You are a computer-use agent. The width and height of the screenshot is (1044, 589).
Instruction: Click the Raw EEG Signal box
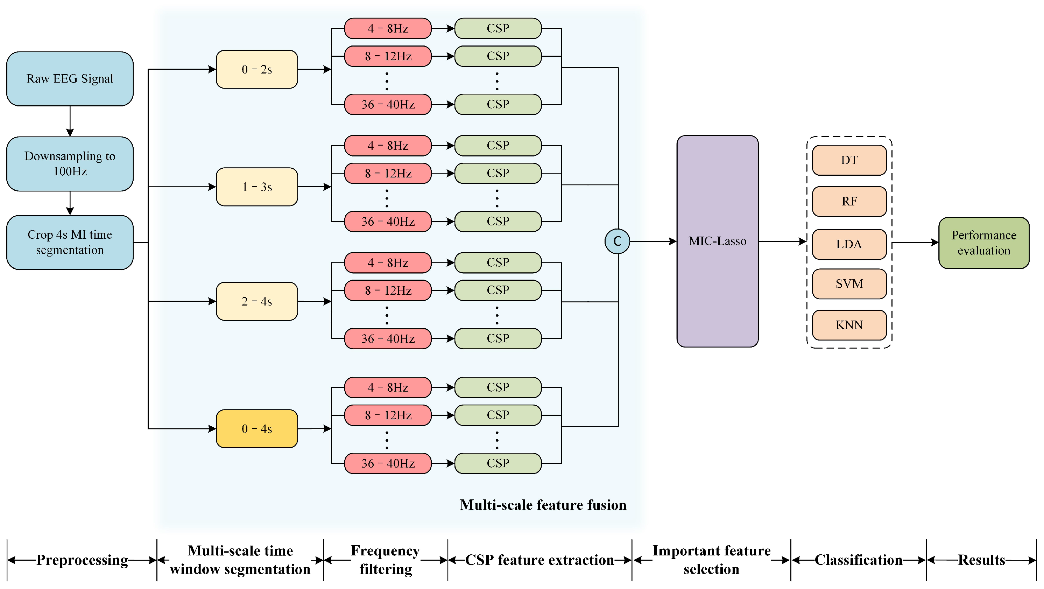pos(70,79)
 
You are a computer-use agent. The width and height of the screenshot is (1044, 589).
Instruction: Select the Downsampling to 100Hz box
pos(70,164)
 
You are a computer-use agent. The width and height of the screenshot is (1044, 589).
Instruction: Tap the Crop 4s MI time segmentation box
pos(70,243)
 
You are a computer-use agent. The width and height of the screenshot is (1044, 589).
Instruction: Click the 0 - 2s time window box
pos(256,69)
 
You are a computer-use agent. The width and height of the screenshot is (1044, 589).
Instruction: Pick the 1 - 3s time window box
pos(256,187)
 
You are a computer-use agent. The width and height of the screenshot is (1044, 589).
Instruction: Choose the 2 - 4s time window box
pos(256,301)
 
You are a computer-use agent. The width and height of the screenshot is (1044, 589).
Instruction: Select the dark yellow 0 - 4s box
pos(256,428)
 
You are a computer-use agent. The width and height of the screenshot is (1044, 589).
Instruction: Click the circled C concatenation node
pos(617,241)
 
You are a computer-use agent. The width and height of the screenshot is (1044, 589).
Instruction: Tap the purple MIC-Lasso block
pos(717,241)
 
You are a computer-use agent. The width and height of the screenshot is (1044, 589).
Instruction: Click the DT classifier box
pos(849,160)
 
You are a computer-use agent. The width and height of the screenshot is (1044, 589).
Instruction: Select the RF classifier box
pos(849,202)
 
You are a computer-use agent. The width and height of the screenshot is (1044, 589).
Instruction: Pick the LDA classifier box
pos(849,244)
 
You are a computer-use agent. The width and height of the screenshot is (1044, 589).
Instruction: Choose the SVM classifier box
pos(849,284)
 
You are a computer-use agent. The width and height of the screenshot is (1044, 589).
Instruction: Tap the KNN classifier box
pos(849,325)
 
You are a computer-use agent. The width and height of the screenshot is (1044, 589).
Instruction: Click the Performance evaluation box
pos(983,243)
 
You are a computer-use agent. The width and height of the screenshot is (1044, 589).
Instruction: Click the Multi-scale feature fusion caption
pos(543,505)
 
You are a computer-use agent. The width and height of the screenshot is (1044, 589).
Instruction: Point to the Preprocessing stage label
pos(82,560)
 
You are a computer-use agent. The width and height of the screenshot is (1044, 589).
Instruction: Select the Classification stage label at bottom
pos(858,560)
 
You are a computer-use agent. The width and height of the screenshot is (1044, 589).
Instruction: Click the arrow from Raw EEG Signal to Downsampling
pos(70,121)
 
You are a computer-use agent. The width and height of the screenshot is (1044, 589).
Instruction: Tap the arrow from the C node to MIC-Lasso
pos(652,241)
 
